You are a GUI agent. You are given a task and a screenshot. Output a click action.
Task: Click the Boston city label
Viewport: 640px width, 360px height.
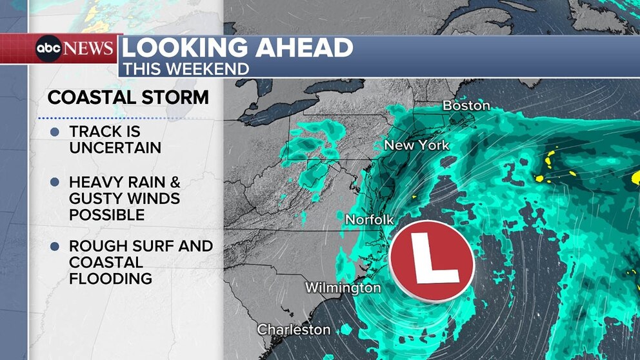tap(466, 105)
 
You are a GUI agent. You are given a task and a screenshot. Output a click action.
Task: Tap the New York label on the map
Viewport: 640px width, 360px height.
tap(416, 145)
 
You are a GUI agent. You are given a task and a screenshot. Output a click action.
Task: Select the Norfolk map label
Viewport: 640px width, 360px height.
tap(369, 219)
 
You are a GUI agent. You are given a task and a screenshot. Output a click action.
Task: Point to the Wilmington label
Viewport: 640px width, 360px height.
tap(343, 288)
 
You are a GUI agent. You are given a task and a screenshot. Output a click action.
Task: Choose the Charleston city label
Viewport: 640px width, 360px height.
tap(294, 330)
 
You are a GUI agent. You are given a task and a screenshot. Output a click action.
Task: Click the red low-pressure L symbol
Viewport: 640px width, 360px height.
tap(432, 261)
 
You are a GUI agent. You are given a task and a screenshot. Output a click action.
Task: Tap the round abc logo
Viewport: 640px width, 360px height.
tap(48, 49)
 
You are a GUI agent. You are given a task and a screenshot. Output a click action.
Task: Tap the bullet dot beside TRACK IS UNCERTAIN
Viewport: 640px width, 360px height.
tap(54, 132)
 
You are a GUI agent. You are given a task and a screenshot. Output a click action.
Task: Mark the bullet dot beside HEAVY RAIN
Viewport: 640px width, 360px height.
tap(54, 182)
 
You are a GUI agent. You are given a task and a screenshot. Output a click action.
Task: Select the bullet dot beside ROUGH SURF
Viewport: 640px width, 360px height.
tap(54, 246)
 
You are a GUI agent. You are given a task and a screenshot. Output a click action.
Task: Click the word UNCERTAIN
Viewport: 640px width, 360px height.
tap(115, 148)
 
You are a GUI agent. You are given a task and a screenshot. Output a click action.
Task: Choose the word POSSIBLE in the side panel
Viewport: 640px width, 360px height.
tap(106, 214)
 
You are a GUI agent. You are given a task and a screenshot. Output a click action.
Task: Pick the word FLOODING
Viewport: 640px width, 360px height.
tap(110, 279)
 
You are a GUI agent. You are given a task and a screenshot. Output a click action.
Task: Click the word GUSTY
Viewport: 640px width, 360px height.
tap(95, 198)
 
